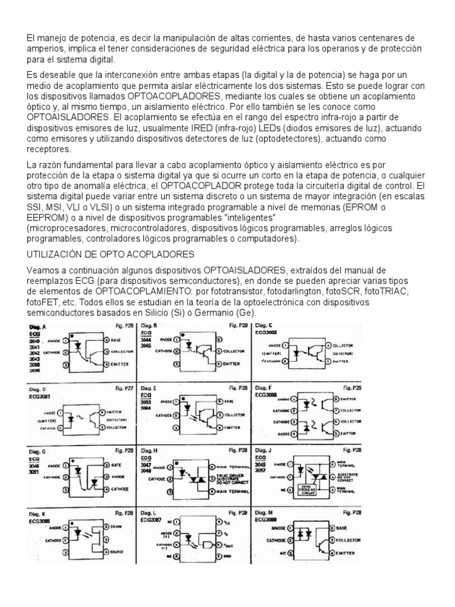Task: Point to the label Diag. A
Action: (39, 327)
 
